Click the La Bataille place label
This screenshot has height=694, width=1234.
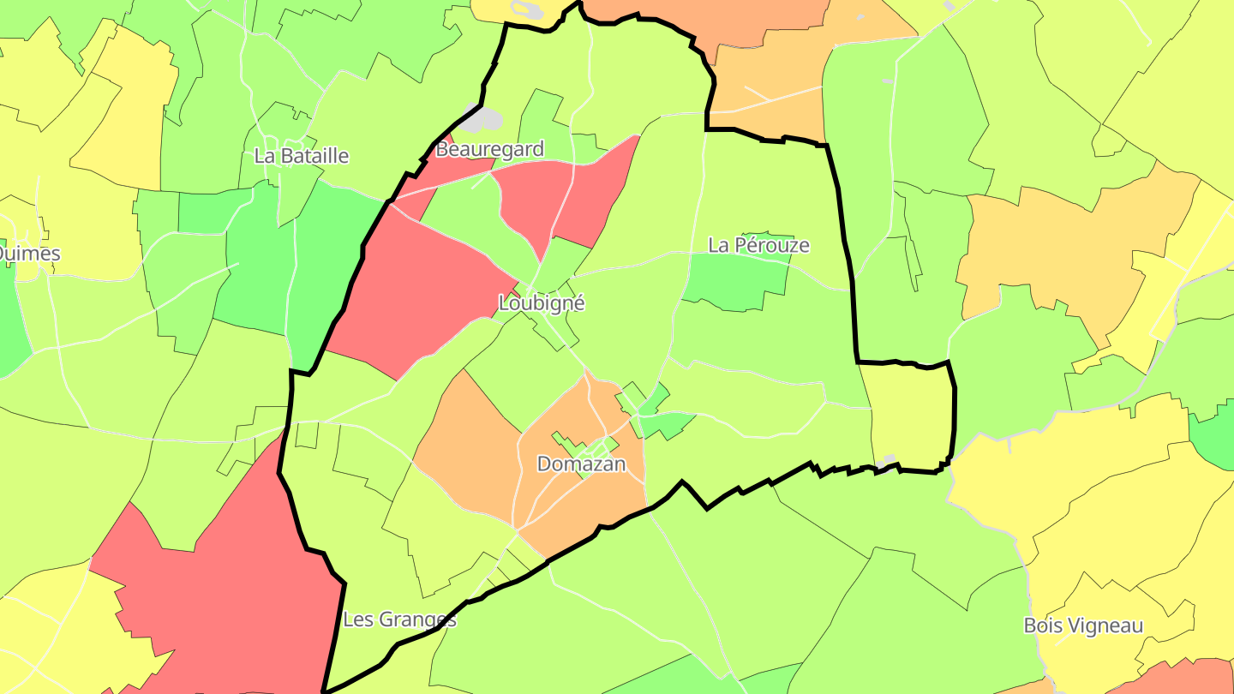302,156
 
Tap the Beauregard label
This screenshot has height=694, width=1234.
489,150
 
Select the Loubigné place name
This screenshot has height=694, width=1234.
542,303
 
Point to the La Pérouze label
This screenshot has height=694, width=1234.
758,246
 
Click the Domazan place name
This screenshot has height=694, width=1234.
581,464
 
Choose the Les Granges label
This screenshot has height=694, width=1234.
399,619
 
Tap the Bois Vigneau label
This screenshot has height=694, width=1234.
1083,626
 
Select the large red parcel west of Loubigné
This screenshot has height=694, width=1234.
420,291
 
